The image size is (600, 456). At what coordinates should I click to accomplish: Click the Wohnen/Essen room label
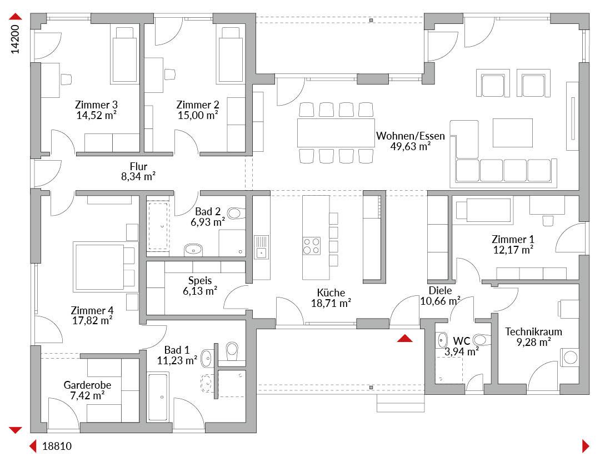pyautogui.click(x=410, y=136)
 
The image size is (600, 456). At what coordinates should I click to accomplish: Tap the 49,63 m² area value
pyautogui.click(x=410, y=146)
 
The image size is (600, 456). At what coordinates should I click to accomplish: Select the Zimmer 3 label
pyautogui.click(x=97, y=105)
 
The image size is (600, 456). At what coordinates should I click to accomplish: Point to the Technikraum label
pyautogui.click(x=533, y=331)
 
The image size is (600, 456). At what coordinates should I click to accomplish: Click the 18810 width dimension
pyautogui.click(x=57, y=446)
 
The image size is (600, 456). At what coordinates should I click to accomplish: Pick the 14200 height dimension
pyautogui.click(x=15, y=39)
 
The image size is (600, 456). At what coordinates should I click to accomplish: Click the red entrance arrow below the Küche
pyautogui.click(x=405, y=338)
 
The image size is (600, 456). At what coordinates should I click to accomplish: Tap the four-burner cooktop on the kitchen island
pyautogui.click(x=312, y=246)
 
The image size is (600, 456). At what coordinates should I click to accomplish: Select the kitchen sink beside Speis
pyautogui.click(x=261, y=247)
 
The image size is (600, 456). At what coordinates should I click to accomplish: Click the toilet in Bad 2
pyautogui.click(x=236, y=213)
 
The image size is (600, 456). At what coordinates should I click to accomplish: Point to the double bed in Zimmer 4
pyautogui.click(x=104, y=266)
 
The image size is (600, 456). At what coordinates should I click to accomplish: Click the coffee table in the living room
pyautogui.click(x=513, y=133)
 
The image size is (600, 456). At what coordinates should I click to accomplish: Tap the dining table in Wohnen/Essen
pyautogui.click(x=336, y=133)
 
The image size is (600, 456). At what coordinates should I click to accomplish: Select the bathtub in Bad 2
pyautogui.click(x=158, y=226)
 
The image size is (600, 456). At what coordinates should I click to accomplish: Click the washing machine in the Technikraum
pyautogui.click(x=570, y=358)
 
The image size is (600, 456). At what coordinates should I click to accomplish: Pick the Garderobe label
pyautogui.click(x=87, y=385)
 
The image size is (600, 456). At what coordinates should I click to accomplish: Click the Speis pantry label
pyautogui.click(x=200, y=281)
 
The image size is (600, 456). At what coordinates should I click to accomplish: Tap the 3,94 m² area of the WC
pyautogui.click(x=462, y=351)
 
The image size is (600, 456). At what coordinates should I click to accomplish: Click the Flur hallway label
pyautogui.click(x=138, y=166)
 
